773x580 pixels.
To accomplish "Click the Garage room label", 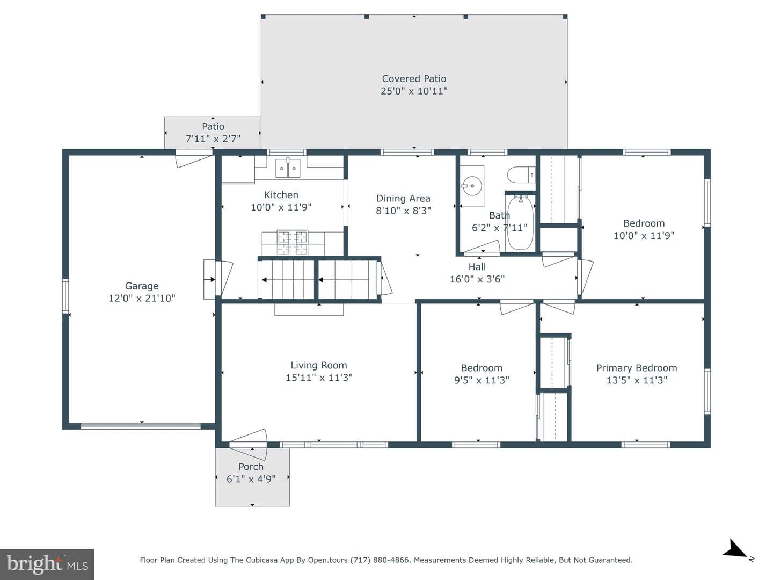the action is coord(142,286).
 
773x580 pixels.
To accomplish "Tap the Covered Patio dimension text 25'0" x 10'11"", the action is coord(414,91).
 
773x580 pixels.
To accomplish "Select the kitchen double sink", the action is coord(288,168).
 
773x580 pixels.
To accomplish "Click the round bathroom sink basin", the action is coord(471,186).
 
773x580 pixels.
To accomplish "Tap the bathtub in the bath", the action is coord(520,222).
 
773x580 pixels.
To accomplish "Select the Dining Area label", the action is coord(403,198).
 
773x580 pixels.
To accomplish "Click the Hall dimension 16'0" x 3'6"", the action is coord(477,279).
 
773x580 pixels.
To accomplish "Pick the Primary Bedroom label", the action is coord(636,368).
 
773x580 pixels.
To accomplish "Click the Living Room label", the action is coord(319,365).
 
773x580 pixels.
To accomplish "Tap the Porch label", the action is coord(251,467).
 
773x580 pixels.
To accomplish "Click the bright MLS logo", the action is coord(47,564).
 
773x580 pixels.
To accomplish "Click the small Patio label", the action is coord(213,126).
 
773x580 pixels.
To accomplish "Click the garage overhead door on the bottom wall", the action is coord(141,426).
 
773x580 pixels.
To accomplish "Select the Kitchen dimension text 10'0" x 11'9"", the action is coord(281,207).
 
